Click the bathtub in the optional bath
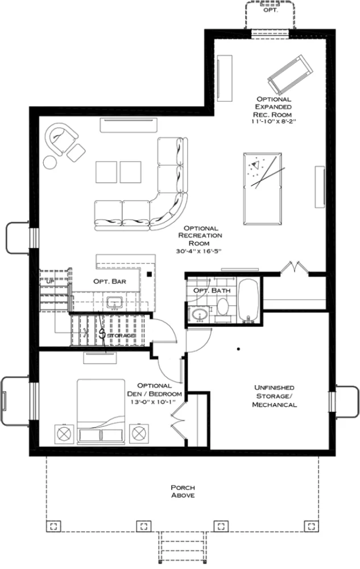[248, 300]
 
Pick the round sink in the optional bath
[199, 314]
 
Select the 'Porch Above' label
[183, 492]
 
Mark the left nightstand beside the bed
[63, 434]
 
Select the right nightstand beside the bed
[139, 434]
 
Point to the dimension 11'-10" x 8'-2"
[274, 121]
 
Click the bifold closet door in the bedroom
[178, 419]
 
